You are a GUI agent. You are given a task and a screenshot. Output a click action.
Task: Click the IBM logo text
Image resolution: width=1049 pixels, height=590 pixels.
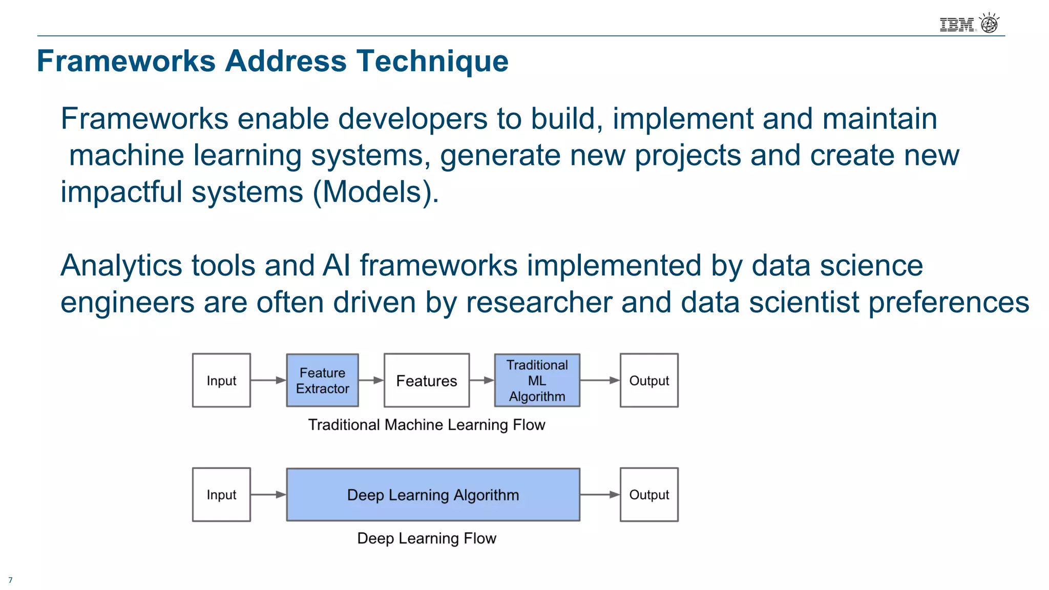[957, 25]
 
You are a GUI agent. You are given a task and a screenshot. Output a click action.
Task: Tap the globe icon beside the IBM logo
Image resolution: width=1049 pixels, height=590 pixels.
[989, 24]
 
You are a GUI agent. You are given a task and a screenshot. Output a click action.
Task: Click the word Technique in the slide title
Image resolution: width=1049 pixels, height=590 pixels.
[432, 61]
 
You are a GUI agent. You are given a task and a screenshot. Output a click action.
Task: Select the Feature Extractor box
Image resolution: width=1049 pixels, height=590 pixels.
[322, 381]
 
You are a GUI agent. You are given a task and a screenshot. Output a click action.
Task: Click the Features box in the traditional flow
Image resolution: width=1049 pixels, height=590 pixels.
[426, 381]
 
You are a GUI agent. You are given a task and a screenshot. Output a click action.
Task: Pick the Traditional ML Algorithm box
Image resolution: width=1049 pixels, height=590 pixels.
[537, 381]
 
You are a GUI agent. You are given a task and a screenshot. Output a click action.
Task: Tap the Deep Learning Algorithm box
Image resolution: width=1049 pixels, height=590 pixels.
[433, 495]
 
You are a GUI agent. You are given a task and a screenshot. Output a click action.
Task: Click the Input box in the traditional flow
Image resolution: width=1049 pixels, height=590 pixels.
[221, 381]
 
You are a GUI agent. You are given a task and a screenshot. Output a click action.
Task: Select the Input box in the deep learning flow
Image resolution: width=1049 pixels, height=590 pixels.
[221, 495]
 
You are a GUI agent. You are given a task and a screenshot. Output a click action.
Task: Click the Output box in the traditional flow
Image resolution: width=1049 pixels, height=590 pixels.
[649, 381]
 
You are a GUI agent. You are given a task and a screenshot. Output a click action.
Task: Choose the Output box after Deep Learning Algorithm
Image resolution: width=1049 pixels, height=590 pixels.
[649, 495]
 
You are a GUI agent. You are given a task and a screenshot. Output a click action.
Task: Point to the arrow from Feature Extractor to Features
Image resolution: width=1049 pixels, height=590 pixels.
[371, 380]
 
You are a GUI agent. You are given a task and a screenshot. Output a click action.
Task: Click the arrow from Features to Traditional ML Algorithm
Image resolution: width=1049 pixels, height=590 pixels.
[481, 380]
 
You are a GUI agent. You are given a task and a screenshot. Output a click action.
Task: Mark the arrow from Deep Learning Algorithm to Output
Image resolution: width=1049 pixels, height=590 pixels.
[600, 495]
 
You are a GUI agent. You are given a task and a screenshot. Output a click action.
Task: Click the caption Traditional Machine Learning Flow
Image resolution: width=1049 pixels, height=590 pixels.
[426, 425]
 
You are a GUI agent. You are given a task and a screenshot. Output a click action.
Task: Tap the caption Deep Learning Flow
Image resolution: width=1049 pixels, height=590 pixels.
[426, 538]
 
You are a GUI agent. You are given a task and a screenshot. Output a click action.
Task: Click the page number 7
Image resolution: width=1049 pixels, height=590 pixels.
[10, 580]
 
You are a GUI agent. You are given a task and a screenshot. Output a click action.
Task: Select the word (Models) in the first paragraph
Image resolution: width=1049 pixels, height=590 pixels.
[375, 192]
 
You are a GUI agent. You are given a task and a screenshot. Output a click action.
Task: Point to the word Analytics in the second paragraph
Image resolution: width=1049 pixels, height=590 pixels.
[121, 266]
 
